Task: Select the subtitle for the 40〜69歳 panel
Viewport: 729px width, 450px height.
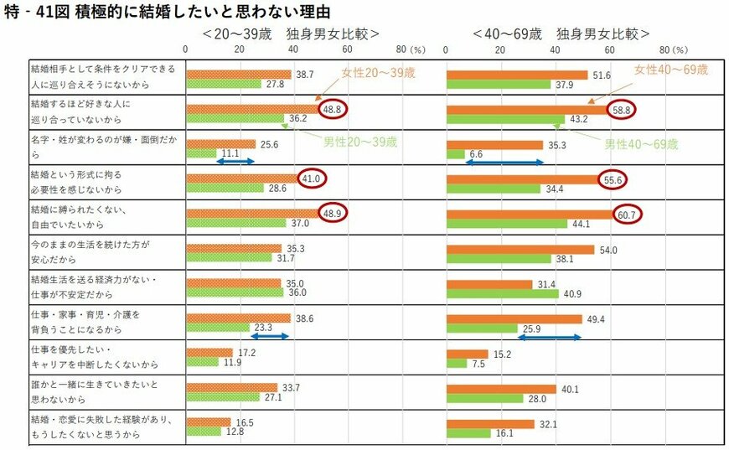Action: pyautogui.click(x=561, y=34)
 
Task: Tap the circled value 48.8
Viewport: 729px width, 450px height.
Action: pyautogui.click(x=334, y=109)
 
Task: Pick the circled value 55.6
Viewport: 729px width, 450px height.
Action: pyautogui.click(x=613, y=178)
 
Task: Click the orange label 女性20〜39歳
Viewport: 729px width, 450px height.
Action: pyautogui.click(x=378, y=74)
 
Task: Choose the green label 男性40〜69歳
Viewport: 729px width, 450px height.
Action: pyautogui.click(x=641, y=144)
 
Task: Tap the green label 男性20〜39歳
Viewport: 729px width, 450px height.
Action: pyautogui.click(x=360, y=141)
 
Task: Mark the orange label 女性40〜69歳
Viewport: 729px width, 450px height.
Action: pyautogui.click(x=671, y=69)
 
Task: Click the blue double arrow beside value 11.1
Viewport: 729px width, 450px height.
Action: pyautogui.click(x=224, y=161)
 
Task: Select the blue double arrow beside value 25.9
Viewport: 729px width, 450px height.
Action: pyautogui.click(x=549, y=337)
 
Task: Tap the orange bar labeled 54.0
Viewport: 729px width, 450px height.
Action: pyautogui.click(x=520, y=250)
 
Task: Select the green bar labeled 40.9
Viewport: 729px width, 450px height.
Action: pyautogui.click(x=503, y=293)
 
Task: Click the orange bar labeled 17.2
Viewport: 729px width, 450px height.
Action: pyautogui.click(x=209, y=353)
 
